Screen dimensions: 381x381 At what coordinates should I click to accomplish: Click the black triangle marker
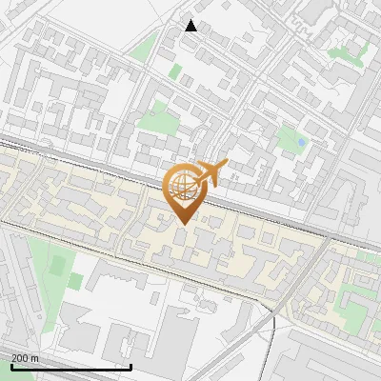coord(191,26)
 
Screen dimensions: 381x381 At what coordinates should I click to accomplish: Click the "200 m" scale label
coord(25,357)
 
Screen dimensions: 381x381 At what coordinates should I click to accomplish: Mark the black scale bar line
coord(70,367)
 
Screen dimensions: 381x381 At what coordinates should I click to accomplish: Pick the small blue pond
coord(301,143)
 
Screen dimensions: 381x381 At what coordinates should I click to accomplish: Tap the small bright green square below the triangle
coord(175,70)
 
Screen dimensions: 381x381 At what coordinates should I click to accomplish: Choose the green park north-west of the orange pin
coord(152,118)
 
